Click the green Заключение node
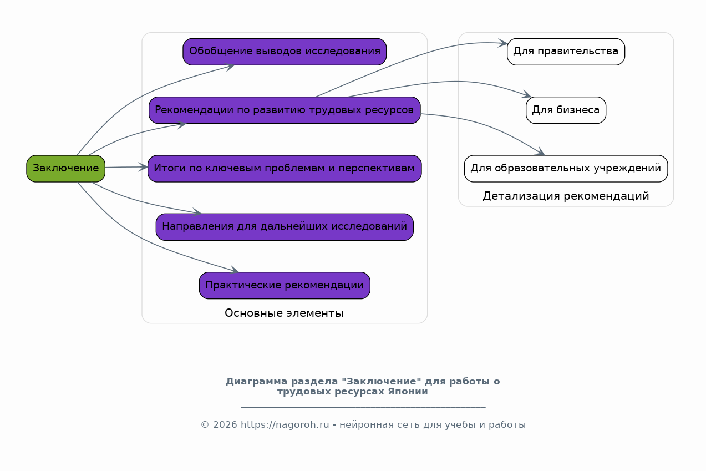[x=65, y=168]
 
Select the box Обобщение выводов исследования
[x=285, y=52]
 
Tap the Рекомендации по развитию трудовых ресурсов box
[x=285, y=110]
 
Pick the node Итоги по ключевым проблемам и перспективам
[x=285, y=168]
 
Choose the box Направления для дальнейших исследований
[x=285, y=227]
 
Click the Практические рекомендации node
[x=285, y=285]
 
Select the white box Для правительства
[x=566, y=52]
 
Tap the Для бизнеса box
[x=566, y=110]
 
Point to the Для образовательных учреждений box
[x=566, y=168]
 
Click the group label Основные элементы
[x=284, y=313]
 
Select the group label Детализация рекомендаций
[x=566, y=196]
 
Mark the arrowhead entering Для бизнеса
[x=527, y=95]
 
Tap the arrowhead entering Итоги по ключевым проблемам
[x=144, y=166]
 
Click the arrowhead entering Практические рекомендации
[x=234, y=271]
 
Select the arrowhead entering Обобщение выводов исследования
[x=230, y=67]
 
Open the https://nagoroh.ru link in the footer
[x=285, y=425]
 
